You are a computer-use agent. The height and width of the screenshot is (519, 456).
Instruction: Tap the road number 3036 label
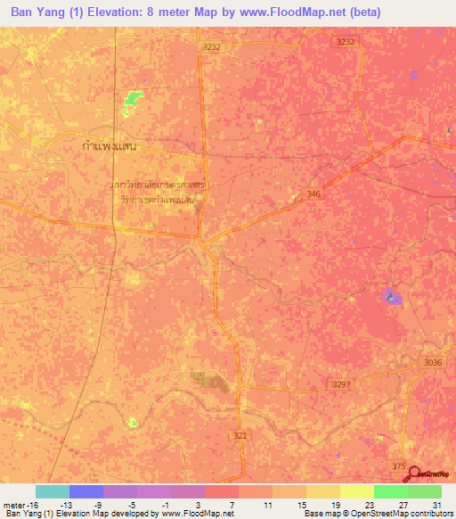point(434,362)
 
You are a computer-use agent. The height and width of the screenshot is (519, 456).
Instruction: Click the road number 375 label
point(398,465)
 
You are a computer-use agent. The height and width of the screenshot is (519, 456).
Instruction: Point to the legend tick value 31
point(436,505)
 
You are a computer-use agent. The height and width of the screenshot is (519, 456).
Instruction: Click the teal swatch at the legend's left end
point(53,491)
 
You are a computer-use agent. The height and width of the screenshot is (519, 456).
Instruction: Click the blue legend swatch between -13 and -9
point(86,491)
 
